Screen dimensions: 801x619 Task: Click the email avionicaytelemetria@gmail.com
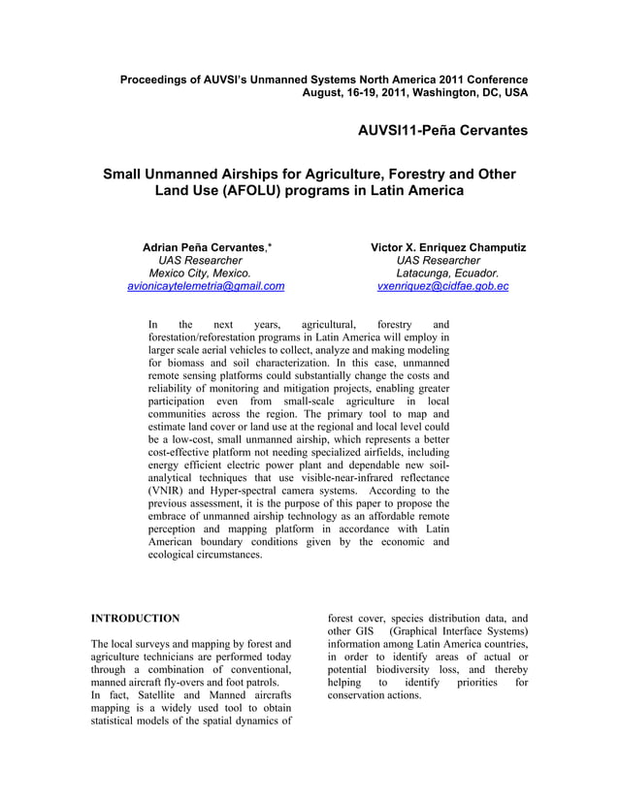[206, 286]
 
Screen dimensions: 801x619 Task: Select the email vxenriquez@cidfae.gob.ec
[442, 286]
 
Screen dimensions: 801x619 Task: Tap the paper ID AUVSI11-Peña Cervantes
[442, 130]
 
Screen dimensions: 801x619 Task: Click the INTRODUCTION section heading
[135, 618]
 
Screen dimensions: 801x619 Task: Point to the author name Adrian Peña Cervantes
[203, 248]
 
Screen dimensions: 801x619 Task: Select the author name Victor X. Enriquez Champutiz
[448, 248]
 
